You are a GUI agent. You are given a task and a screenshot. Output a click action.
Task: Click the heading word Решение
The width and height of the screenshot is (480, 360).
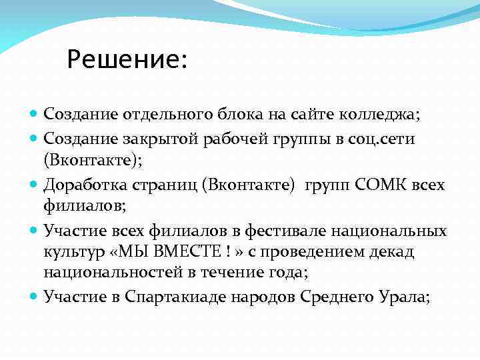coord(124,61)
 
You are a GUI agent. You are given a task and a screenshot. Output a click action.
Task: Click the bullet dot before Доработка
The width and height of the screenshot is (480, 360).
coord(35,185)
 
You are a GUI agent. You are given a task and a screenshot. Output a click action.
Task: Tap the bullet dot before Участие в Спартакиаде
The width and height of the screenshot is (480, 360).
coord(35,297)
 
